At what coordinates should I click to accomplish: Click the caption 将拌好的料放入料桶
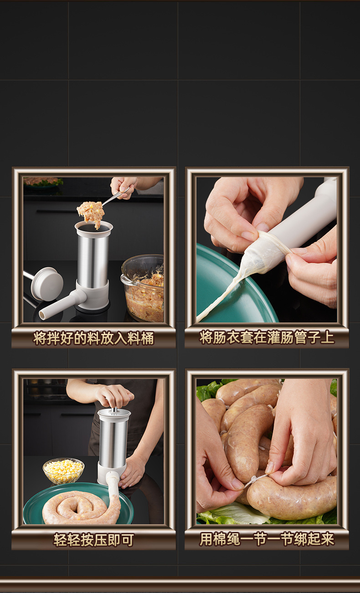(x=93, y=338)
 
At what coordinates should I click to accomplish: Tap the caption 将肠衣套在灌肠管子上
(x=267, y=338)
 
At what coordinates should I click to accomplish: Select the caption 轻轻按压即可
(x=93, y=540)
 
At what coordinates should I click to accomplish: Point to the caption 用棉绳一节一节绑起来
(x=267, y=540)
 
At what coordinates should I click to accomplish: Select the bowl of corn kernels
(x=63, y=471)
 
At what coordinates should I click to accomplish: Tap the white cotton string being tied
(x=255, y=479)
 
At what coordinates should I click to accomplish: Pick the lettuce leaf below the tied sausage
(x=237, y=515)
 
